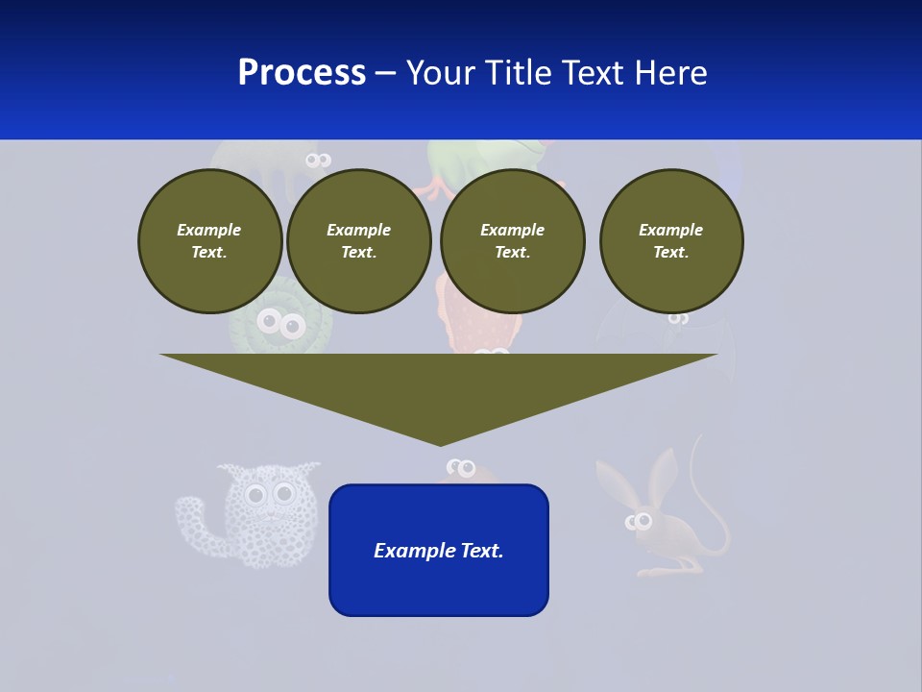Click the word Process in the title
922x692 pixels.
(x=302, y=73)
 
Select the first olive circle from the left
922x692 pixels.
(x=210, y=241)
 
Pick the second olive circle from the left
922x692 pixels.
(x=359, y=241)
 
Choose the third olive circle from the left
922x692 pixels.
(x=513, y=241)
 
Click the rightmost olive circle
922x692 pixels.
(x=671, y=241)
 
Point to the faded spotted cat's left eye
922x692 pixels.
(x=255, y=496)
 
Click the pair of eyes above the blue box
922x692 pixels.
(x=462, y=468)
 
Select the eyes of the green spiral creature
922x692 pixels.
(x=281, y=325)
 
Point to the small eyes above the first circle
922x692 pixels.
(x=318, y=161)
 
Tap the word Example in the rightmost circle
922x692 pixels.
(x=670, y=230)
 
